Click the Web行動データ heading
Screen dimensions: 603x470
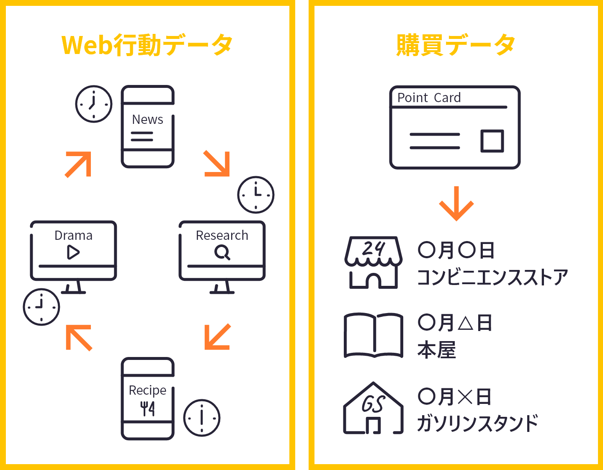pos(147,45)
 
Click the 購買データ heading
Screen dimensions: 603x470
pos(456,45)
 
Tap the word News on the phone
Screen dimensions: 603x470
pos(147,120)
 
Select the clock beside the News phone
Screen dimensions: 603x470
pos(94,104)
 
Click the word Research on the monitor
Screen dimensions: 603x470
pos(222,235)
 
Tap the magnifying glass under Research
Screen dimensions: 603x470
pos(222,252)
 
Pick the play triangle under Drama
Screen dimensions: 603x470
pos(73,252)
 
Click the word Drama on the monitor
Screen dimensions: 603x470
pos(73,235)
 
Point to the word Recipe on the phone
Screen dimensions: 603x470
pos(147,390)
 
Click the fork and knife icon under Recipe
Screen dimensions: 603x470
pos(147,409)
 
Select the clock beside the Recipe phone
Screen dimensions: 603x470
pos(202,418)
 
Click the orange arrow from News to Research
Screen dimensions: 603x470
pos(217,164)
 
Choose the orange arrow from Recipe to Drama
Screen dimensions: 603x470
pos(79,338)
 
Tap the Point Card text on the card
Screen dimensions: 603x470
pos(429,98)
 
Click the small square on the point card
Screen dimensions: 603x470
pos(492,141)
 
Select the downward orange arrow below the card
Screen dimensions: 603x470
pos(456,203)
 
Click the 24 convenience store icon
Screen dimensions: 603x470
pos(373,262)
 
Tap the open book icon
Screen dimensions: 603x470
pos(373,336)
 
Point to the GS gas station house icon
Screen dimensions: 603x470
pos(373,408)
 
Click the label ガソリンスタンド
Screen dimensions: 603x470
pos(478,423)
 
